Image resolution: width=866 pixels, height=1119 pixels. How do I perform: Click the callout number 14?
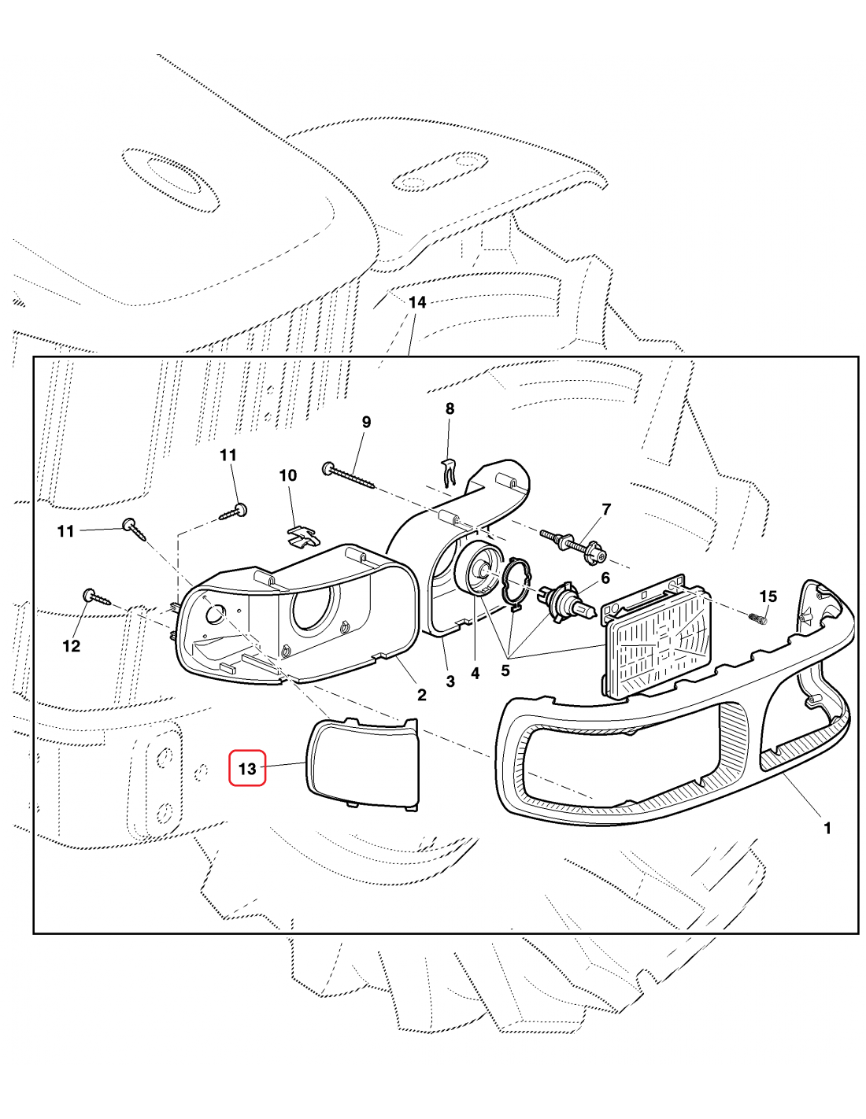click(417, 303)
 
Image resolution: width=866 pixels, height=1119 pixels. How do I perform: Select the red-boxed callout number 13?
click(247, 769)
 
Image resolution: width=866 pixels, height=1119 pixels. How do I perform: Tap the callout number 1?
click(827, 829)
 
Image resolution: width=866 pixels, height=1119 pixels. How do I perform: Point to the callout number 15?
click(768, 596)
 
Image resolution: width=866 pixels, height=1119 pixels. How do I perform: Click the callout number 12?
click(72, 646)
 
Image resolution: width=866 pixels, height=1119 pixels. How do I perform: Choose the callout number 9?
click(366, 423)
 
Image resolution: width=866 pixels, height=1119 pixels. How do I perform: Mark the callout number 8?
click(450, 409)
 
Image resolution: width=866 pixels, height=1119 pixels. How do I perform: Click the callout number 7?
click(606, 509)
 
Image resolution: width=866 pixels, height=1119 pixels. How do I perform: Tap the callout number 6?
click(605, 578)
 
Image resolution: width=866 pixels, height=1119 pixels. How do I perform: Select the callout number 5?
click(505, 671)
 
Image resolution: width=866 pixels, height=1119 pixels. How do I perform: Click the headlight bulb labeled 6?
click(567, 603)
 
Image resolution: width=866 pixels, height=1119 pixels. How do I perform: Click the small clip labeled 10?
click(302, 537)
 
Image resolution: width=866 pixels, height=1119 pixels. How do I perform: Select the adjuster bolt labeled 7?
click(573, 545)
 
